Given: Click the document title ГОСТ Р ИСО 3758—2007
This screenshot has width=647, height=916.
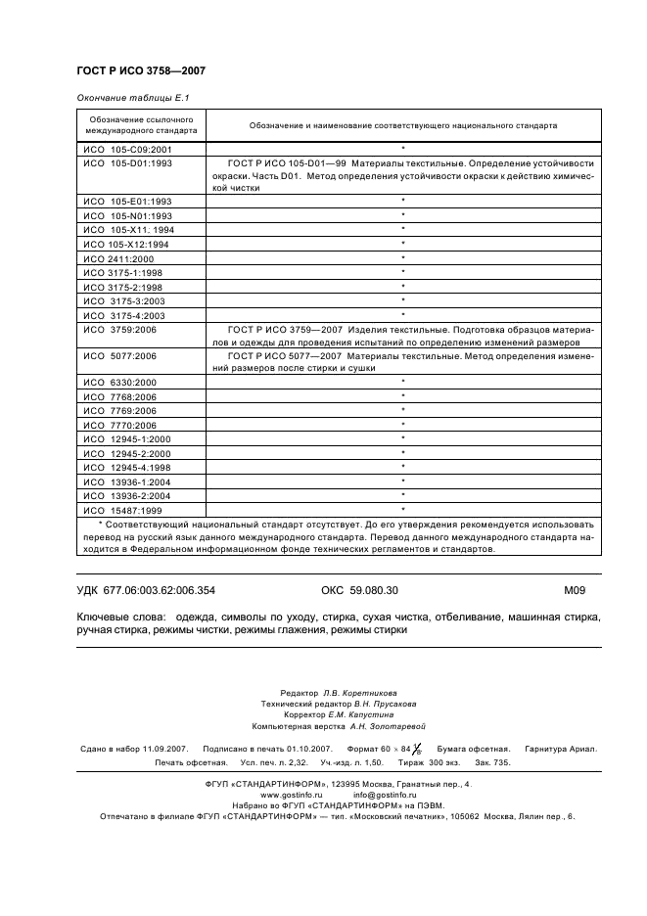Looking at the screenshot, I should click(x=140, y=71).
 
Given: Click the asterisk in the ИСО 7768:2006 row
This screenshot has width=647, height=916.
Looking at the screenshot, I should click(x=402, y=396).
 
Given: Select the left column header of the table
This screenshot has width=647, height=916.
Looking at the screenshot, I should click(x=141, y=124).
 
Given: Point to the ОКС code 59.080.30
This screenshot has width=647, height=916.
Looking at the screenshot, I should click(x=360, y=590).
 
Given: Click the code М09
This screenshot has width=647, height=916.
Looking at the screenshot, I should click(x=574, y=590).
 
